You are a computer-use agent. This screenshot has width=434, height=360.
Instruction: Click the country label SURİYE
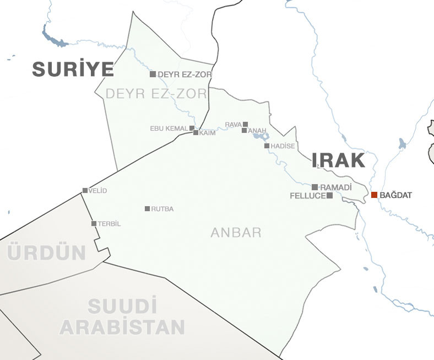coord(73,69)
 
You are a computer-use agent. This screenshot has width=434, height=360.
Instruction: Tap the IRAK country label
coord(338,160)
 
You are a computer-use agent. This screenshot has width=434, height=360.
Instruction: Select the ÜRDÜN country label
coord(47,253)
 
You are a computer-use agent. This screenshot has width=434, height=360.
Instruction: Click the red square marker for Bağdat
coord(375,195)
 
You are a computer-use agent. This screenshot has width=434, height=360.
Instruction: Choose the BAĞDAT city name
coord(395,195)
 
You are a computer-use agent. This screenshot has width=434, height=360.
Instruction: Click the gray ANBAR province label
coord(236,233)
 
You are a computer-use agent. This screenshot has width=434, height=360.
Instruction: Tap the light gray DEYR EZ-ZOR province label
coord(156,94)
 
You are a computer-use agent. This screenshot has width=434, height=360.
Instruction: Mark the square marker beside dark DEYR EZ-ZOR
coord(153,74)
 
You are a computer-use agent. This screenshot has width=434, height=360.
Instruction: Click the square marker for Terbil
coord(94,223)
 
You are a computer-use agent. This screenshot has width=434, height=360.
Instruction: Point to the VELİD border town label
coord(97,191)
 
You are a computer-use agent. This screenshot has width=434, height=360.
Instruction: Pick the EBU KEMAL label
coord(169,128)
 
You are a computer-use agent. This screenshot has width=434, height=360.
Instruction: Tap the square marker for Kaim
coord(196,133)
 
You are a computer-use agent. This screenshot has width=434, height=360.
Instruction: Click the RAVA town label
coord(234,125)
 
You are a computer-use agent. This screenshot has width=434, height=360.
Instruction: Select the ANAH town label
coord(257,131)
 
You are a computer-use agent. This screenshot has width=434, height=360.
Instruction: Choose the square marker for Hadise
coord(267,146)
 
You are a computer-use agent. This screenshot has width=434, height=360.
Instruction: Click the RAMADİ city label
coord(335,187)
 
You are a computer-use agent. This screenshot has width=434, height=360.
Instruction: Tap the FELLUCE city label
coord(307,196)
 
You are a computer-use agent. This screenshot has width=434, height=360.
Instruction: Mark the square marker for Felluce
coord(329,195)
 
